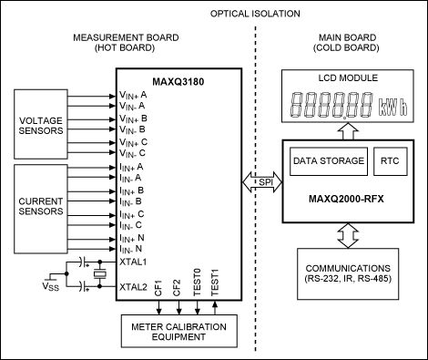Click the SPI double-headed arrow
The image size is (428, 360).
(x=265, y=182)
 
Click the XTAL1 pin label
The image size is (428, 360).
(x=133, y=260)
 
